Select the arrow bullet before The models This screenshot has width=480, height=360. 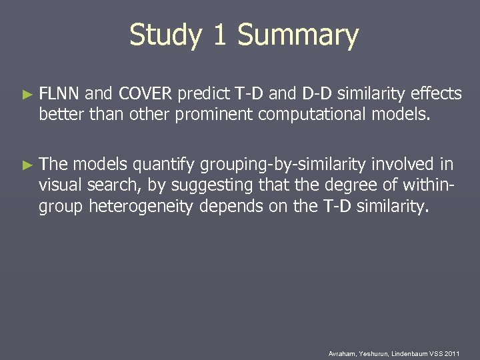pos(27,164)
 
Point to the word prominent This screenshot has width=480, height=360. pos(215,115)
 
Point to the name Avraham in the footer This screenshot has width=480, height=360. pos(343,353)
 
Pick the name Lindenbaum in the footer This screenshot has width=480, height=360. pos(410,353)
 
